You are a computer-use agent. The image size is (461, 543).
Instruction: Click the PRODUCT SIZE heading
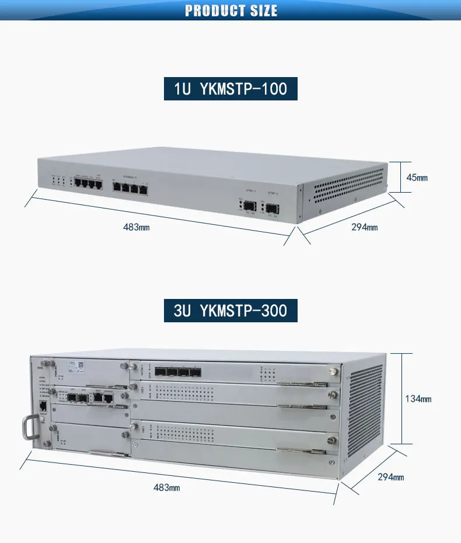point(231,11)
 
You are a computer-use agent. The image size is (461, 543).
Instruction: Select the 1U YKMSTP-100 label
point(230,89)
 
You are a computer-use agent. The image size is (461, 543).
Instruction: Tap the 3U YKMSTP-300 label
point(230,310)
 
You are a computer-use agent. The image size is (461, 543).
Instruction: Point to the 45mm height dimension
point(417,177)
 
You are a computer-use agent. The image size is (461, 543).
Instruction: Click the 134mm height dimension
point(418,399)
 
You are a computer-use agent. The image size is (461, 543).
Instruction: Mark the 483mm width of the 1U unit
point(136,227)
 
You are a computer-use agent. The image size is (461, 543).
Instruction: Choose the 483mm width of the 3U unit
point(166,487)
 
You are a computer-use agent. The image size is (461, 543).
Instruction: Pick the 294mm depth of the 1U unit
point(364,227)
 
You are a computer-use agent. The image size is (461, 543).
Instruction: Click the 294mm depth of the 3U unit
point(390,477)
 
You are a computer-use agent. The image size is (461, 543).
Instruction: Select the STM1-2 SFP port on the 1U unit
point(273,208)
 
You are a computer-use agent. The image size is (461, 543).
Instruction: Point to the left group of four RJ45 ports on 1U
point(88,184)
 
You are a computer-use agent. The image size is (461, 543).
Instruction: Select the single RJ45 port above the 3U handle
point(42,407)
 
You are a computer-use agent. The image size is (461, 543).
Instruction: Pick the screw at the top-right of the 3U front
point(333,370)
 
